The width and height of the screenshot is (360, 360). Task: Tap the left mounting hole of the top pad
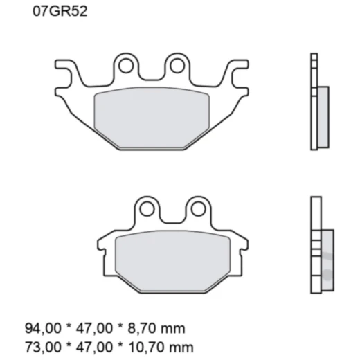pyautogui.click(x=126, y=66)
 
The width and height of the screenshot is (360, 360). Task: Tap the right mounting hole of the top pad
pyautogui.click(x=177, y=66)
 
